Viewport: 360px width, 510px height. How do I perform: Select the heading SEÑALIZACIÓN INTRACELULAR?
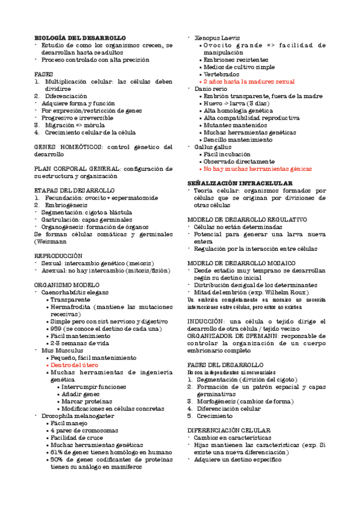[240, 182]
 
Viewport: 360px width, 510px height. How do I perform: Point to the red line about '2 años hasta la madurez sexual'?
[249, 81]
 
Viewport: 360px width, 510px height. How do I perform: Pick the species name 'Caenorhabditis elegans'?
[75, 291]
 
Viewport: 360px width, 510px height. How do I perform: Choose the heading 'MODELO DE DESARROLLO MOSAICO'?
[241, 263]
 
